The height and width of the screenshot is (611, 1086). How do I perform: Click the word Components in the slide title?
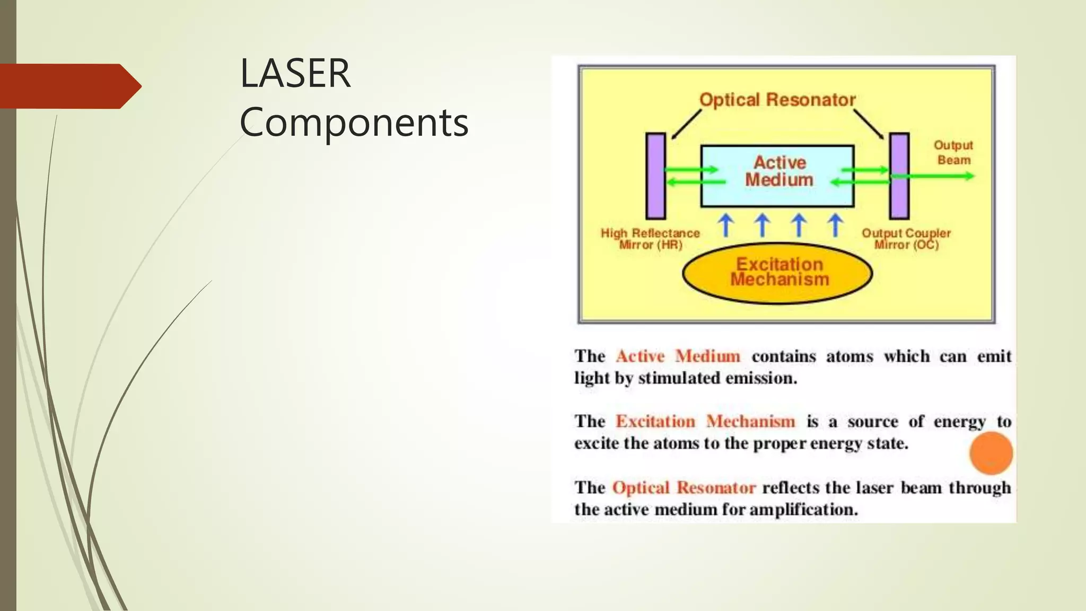354,123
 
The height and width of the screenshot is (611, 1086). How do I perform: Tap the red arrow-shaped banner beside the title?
69,86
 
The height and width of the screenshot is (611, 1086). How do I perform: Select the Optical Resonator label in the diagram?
777,100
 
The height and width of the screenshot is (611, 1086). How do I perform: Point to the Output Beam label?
953,152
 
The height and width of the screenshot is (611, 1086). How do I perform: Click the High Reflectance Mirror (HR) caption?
650,239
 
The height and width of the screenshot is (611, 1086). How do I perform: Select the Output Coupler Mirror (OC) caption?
906,239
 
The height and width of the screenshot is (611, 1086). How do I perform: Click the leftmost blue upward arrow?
726,225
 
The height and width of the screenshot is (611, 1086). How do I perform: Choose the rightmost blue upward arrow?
835,225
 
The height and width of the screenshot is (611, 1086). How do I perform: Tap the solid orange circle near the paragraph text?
991,453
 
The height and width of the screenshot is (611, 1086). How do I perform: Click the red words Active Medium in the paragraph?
678,356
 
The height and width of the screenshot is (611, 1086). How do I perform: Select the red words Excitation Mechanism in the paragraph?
705,422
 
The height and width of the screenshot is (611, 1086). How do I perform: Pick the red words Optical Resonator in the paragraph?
684,487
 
